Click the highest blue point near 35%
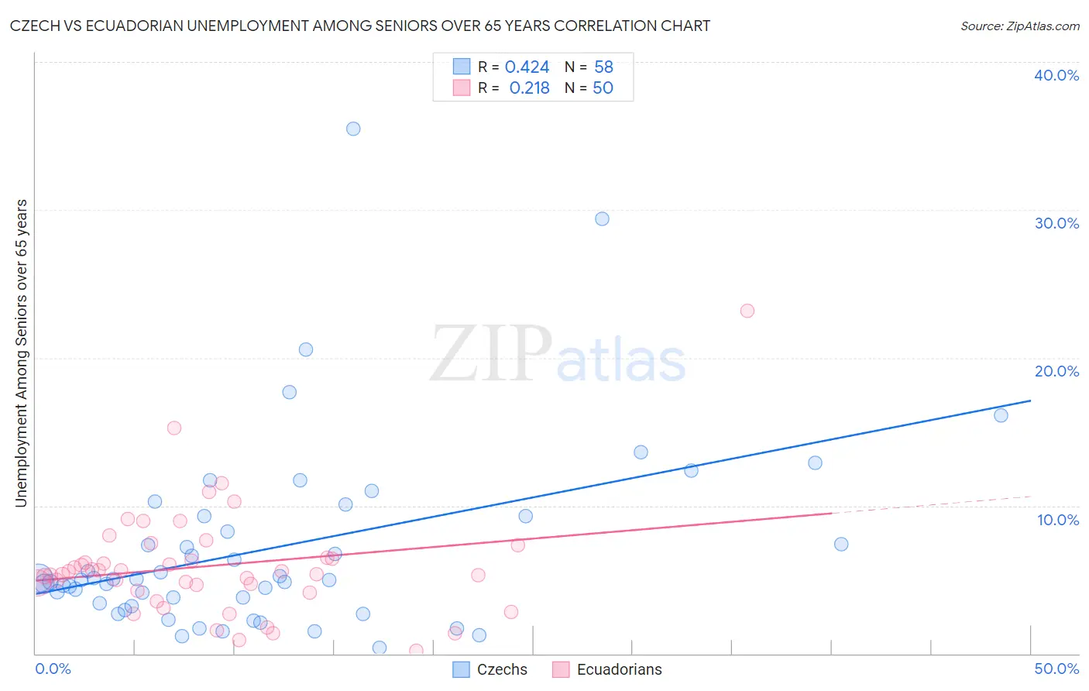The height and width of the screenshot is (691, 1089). click(353, 129)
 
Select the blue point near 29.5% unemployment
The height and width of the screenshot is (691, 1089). click(602, 218)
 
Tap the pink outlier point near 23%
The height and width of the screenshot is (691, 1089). click(747, 311)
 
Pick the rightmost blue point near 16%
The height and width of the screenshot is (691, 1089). click(1001, 415)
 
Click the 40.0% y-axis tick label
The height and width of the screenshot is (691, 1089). click(1056, 75)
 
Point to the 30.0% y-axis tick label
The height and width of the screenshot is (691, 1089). click(1056, 223)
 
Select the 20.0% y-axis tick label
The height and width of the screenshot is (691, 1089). click(1056, 371)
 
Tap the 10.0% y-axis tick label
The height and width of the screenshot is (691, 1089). click(1058, 520)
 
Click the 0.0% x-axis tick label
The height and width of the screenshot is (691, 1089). click(53, 669)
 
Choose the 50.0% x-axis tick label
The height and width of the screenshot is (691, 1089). click(1056, 669)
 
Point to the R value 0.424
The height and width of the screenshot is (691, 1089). click(527, 67)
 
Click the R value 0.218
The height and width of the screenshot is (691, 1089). click(529, 88)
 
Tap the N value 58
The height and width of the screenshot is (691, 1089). click(603, 67)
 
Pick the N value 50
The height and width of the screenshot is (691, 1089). click(603, 88)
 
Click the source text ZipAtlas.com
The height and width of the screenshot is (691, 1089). click(1020, 26)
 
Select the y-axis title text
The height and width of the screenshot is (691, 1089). click(22, 353)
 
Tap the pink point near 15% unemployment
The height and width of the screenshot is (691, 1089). click(174, 428)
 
